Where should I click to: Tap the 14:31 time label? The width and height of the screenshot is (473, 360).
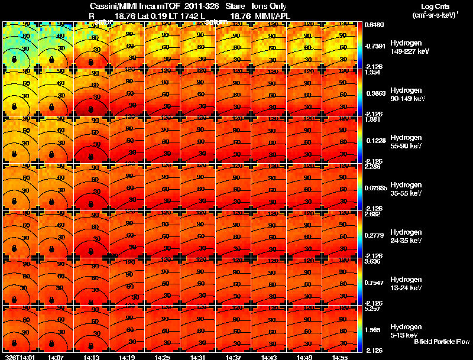(198, 356)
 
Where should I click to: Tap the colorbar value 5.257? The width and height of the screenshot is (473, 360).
(372, 309)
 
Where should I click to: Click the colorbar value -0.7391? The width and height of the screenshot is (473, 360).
(374, 46)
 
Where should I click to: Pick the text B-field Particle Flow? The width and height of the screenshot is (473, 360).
(441, 342)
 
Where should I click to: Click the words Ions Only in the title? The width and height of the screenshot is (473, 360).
(269, 6)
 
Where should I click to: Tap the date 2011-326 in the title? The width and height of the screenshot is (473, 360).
(203, 6)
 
